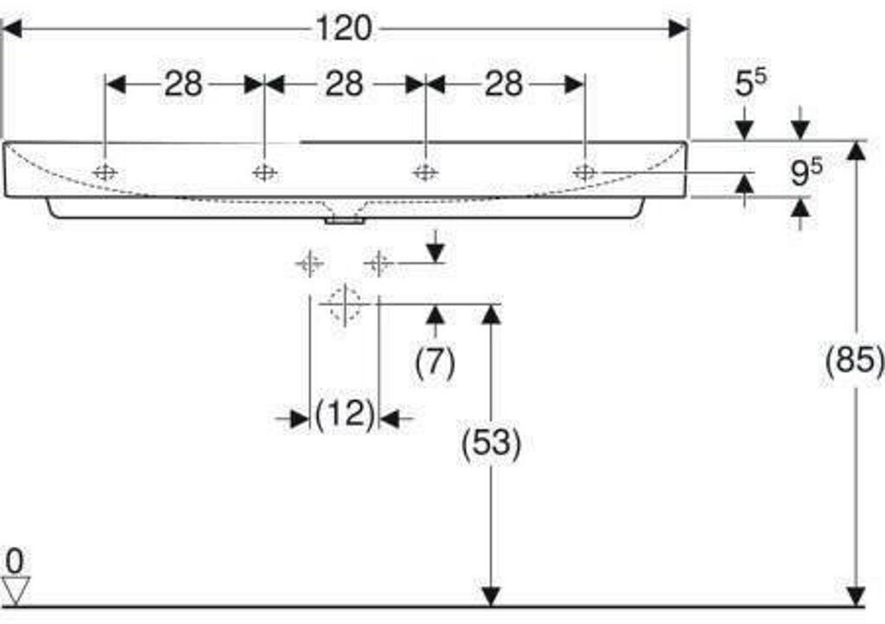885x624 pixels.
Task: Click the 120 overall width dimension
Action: click(x=344, y=29)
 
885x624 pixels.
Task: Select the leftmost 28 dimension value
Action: click(x=183, y=84)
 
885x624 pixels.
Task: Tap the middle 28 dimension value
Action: click(x=344, y=84)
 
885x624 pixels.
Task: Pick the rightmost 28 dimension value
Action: click(x=504, y=84)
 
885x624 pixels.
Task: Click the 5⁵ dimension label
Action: click(x=751, y=82)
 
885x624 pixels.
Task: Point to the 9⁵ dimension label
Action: click(x=806, y=172)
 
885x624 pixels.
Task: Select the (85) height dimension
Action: click(x=855, y=360)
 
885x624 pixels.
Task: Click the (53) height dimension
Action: click(x=491, y=443)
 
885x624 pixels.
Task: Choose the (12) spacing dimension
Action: click(x=344, y=415)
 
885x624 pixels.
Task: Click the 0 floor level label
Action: click(x=15, y=562)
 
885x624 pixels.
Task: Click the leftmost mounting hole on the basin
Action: click(x=105, y=172)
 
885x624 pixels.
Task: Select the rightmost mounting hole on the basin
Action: click(x=585, y=172)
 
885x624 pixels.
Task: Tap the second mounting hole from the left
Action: click(x=264, y=172)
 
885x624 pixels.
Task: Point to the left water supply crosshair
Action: click(x=310, y=264)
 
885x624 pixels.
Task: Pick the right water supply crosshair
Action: click(x=379, y=264)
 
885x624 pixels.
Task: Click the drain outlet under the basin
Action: click(x=344, y=220)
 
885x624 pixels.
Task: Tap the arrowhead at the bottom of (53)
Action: click(x=491, y=597)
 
